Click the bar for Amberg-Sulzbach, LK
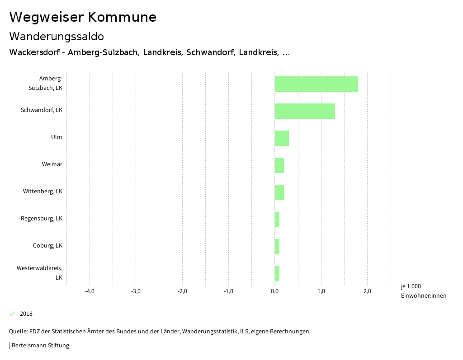(x=316, y=84)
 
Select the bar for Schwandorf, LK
(x=305, y=111)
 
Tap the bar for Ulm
(x=282, y=138)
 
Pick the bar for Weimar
(x=279, y=165)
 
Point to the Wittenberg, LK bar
(x=279, y=192)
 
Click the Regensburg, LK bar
(x=277, y=220)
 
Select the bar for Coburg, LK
(x=277, y=247)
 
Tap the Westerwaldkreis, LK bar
(x=277, y=274)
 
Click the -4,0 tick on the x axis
(x=90, y=291)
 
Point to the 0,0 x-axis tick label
(x=274, y=291)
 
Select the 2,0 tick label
(x=367, y=291)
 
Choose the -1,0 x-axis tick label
(x=228, y=291)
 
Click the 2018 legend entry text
(x=26, y=314)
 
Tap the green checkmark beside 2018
(x=12, y=314)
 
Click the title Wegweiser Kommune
(x=83, y=17)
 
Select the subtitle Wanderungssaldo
(x=57, y=36)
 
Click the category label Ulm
(x=57, y=137)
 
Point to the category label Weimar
(x=52, y=164)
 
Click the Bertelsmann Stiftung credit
(x=40, y=346)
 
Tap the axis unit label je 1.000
(x=411, y=286)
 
